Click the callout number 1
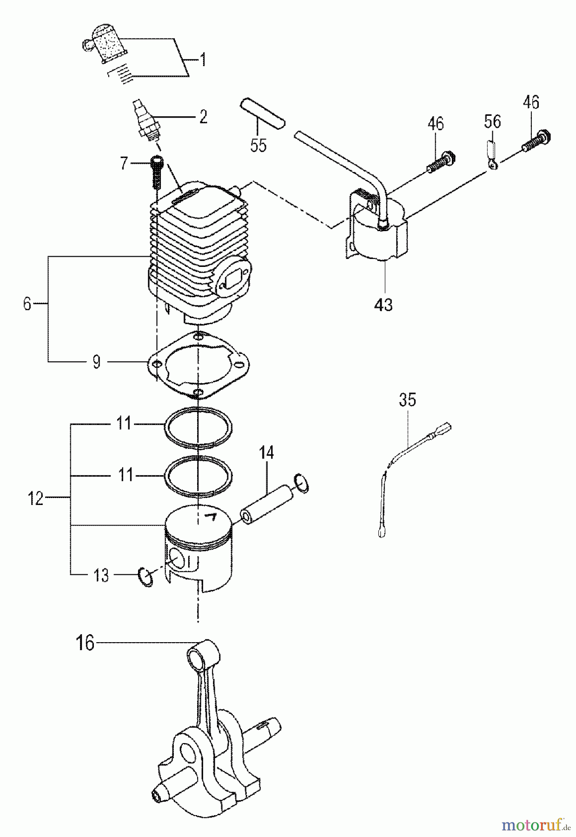point(203,60)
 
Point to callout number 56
point(492,122)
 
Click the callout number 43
point(384,305)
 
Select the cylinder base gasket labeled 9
point(197,365)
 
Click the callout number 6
point(27,304)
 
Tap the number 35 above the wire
point(407,400)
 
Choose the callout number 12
point(35,498)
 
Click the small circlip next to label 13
point(146,577)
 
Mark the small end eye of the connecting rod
point(195,656)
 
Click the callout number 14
point(266,452)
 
